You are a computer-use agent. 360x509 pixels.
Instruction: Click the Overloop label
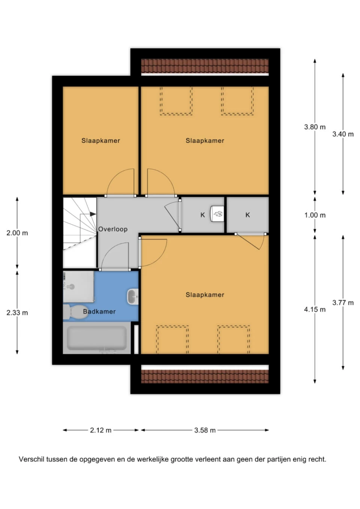click(113, 229)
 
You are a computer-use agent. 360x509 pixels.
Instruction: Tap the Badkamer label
click(99, 311)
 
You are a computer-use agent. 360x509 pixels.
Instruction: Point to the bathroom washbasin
click(133, 296)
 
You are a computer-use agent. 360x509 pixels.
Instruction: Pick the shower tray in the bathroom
click(78, 286)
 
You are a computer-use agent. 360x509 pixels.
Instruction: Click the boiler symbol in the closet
click(217, 213)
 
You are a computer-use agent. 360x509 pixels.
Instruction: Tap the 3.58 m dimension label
click(205, 430)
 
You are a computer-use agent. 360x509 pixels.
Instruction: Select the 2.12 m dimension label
click(100, 430)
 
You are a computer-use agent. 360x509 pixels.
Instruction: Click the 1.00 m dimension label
click(315, 215)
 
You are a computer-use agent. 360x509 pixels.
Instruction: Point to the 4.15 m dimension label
click(315, 309)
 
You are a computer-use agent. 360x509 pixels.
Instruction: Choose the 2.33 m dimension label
click(17, 313)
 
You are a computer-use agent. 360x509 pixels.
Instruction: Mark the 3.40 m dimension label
click(343, 134)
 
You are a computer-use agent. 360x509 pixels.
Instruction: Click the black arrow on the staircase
click(93, 214)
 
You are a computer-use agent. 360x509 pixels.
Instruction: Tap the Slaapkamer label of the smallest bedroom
click(100, 141)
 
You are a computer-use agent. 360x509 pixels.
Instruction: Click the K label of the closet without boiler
click(248, 215)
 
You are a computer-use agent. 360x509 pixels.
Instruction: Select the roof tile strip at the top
click(205, 66)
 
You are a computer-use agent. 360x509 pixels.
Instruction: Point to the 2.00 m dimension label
click(17, 233)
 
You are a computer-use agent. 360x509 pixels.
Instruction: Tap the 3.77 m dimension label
click(343, 302)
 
